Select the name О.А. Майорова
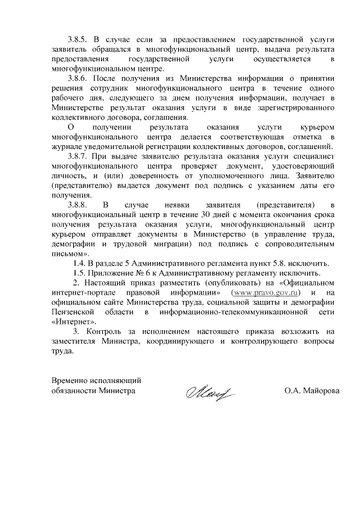pos(312,389)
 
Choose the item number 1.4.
pos(82,263)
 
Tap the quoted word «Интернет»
pos(73,322)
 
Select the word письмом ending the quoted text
pos(66,254)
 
